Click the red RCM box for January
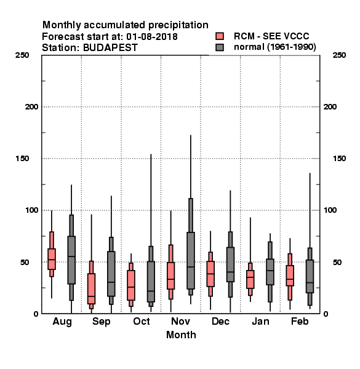coord(250,279)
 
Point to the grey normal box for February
coord(310,276)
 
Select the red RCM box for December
coord(210,274)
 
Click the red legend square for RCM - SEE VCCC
coord(220,36)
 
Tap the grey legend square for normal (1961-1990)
coord(220,47)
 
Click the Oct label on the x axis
coord(142,321)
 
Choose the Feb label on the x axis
coord(300,321)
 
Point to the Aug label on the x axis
coord(62,322)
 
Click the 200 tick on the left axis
coord(31,107)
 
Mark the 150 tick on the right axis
coord(339,159)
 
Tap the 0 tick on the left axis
coord(36,314)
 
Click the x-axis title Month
coord(181,335)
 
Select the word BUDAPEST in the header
coord(110,48)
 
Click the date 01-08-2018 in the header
coord(152,37)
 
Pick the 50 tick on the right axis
coord(337,262)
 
